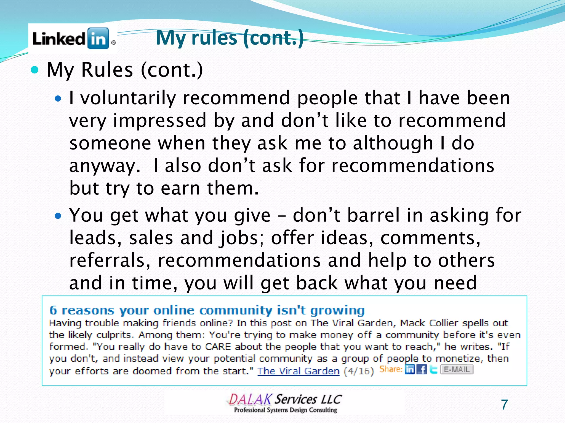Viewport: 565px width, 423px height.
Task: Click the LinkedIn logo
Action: click(73, 39)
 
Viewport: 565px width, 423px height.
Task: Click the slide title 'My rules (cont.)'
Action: click(230, 38)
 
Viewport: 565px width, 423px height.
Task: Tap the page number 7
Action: click(504, 405)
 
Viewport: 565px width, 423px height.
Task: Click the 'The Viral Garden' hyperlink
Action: click(298, 371)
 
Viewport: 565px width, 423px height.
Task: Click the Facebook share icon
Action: click(422, 369)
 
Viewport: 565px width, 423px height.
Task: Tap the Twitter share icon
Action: click(433, 369)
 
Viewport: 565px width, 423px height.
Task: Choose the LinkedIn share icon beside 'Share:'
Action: click(410, 369)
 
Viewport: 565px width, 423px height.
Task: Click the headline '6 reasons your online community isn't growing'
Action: click(207, 310)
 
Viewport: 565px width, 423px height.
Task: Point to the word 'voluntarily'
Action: click(128, 98)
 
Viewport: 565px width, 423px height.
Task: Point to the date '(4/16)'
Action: click(359, 371)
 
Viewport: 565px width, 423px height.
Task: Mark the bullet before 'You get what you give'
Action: click(58, 215)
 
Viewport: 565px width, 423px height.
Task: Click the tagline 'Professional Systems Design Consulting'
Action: click(286, 410)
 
